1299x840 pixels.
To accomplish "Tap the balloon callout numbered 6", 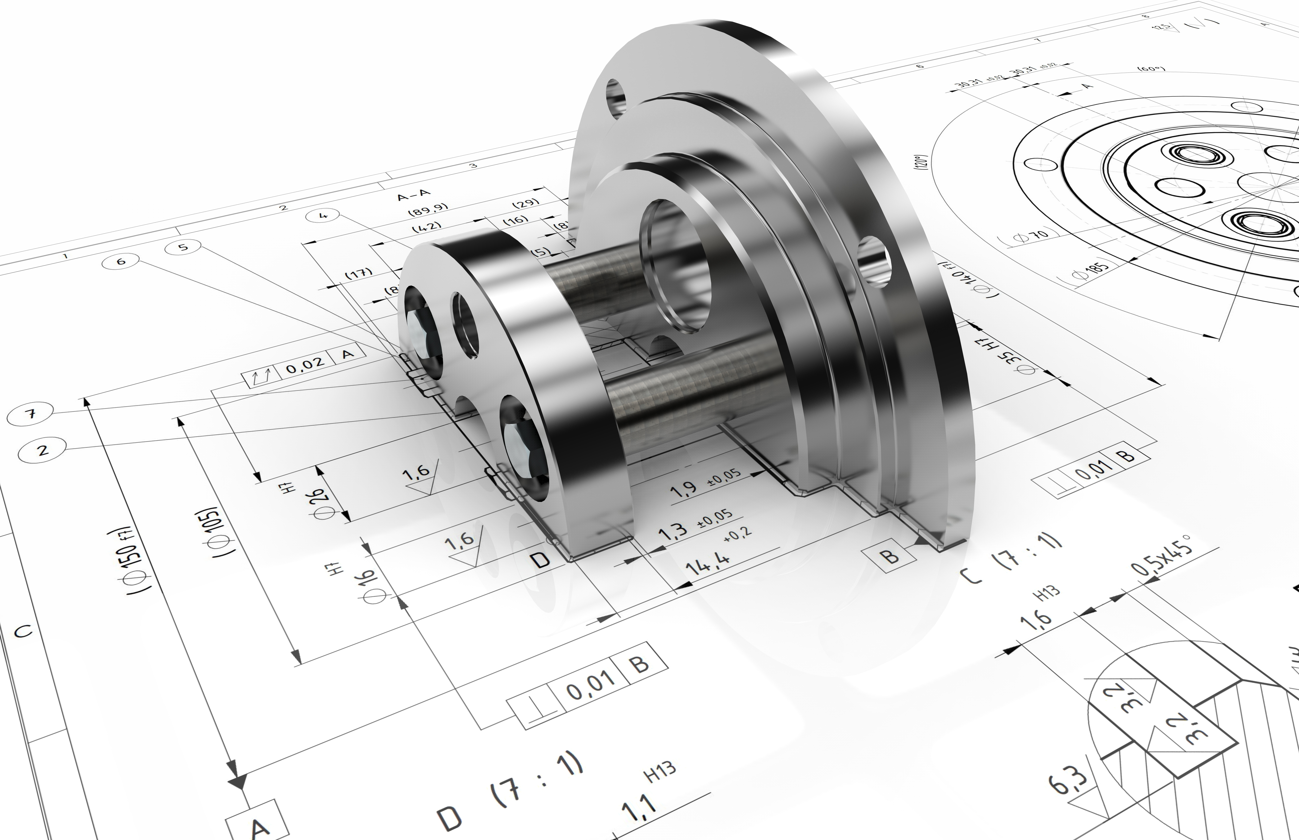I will pos(121,261).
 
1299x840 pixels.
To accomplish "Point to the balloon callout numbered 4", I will pos(323,216).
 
